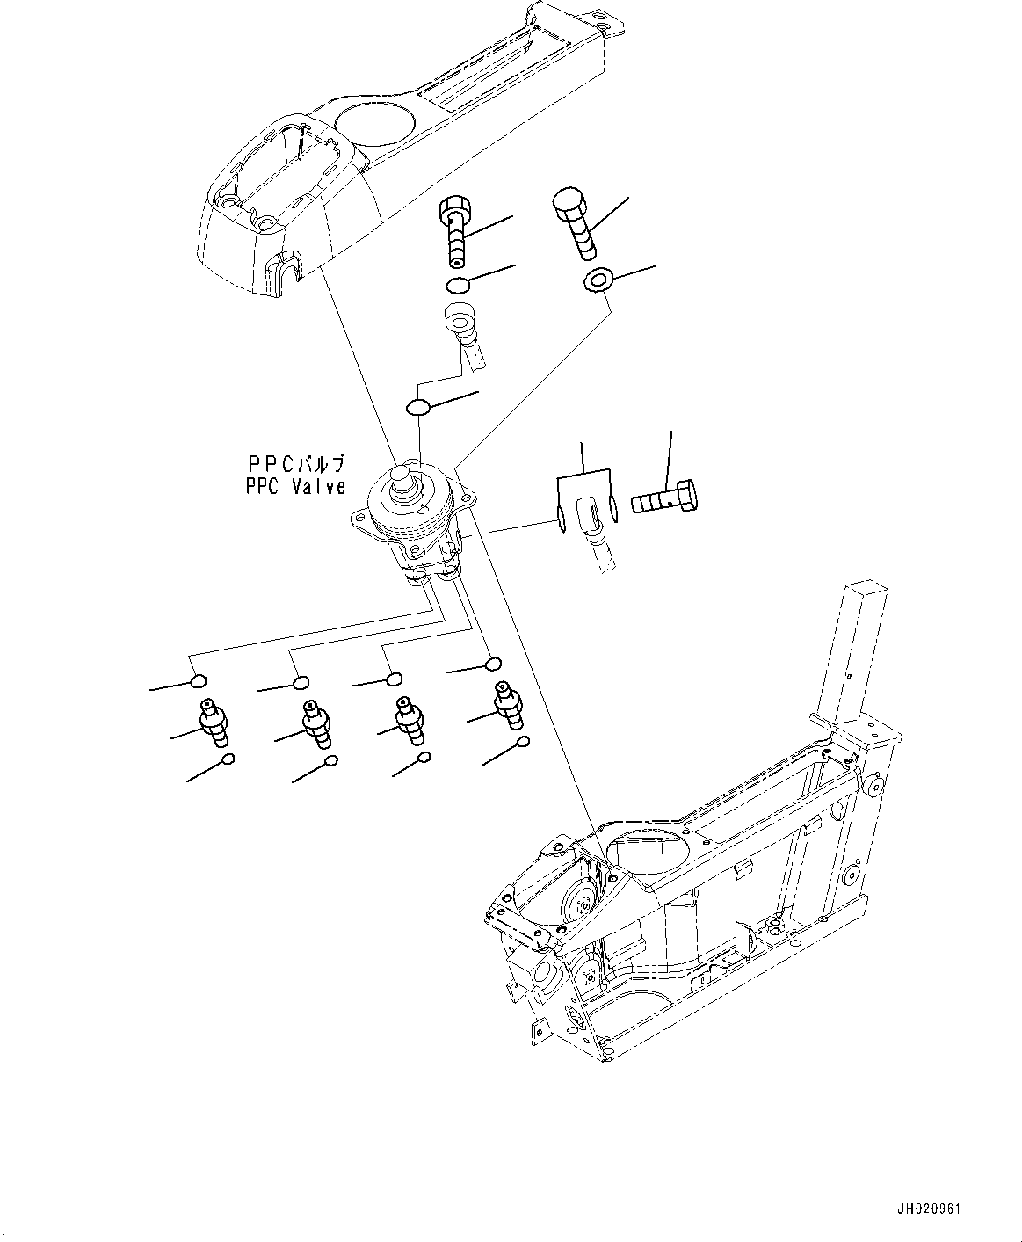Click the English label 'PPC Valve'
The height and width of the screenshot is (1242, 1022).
294,487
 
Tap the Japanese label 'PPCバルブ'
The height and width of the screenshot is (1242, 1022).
294,463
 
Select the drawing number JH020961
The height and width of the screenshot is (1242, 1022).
929,1209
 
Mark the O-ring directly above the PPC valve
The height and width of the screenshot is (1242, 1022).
418,407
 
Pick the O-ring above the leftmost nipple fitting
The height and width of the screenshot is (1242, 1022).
199,681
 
